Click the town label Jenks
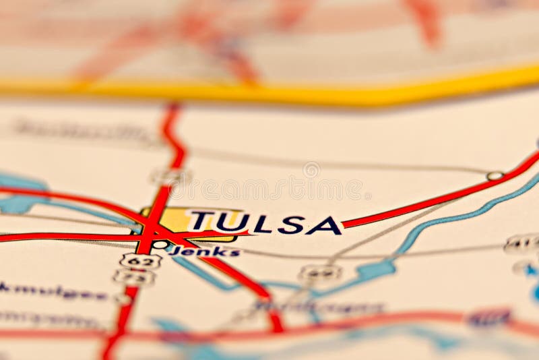[205, 252]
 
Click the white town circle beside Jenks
[160, 244]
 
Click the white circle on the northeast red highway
[495, 176]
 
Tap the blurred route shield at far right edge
[522, 243]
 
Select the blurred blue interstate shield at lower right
[488, 318]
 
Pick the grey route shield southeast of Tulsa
[319, 272]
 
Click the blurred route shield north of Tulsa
[170, 177]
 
